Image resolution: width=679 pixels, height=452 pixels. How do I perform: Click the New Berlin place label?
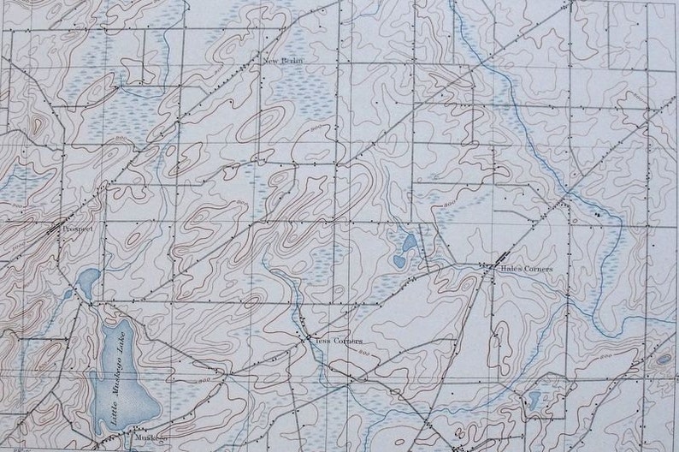click(282, 62)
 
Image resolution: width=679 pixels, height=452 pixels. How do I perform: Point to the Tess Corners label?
click(334, 340)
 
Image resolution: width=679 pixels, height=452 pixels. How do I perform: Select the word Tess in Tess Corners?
click(321, 340)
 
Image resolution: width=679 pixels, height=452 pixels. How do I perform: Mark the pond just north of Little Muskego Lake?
click(87, 278)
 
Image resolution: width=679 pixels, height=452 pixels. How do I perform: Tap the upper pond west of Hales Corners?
click(409, 243)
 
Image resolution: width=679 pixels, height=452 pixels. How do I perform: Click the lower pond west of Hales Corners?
click(399, 260)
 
